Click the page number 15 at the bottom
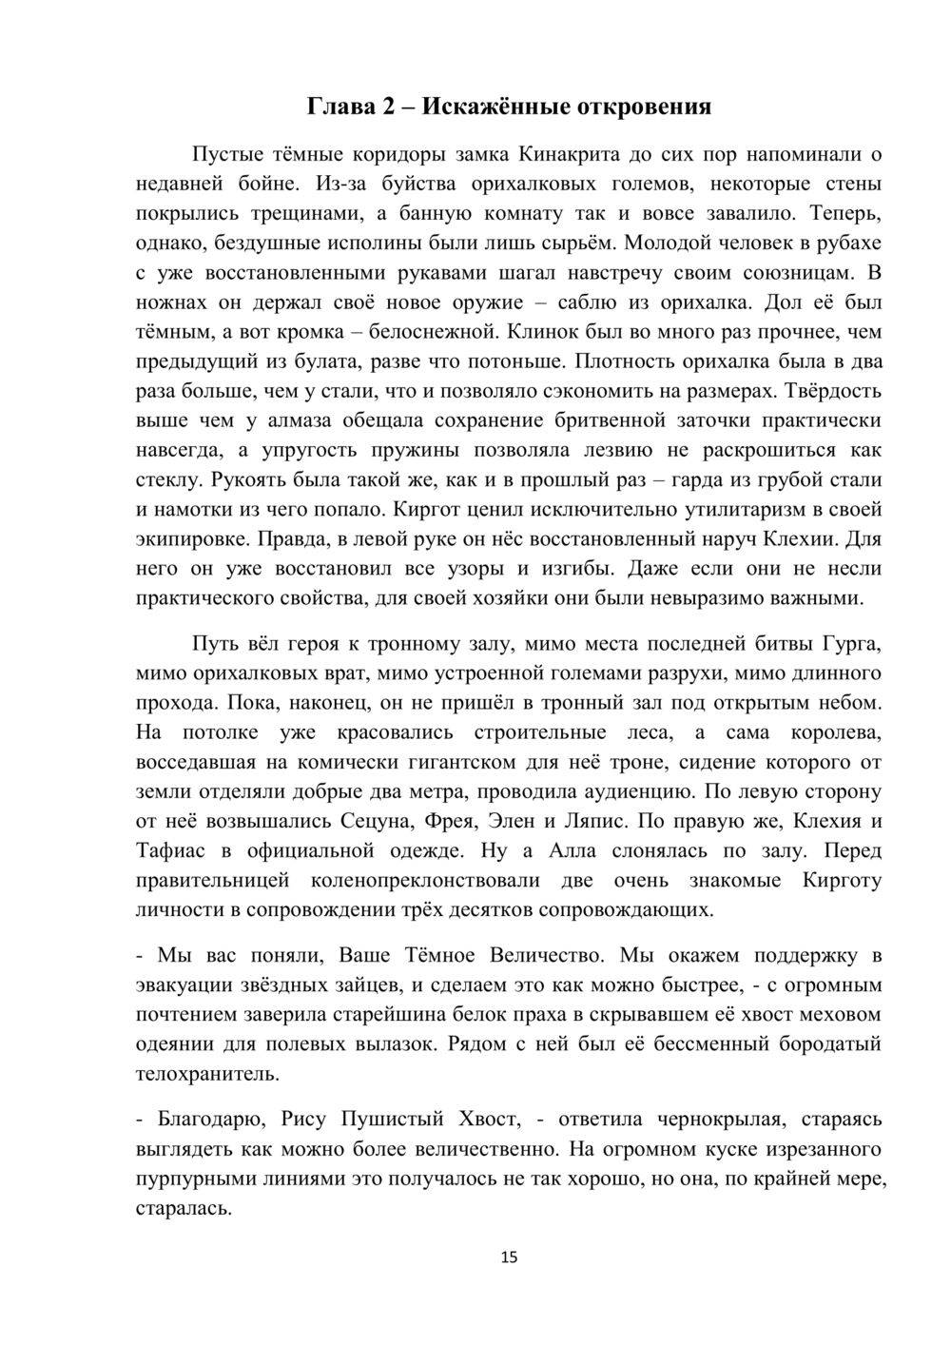509,1257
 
